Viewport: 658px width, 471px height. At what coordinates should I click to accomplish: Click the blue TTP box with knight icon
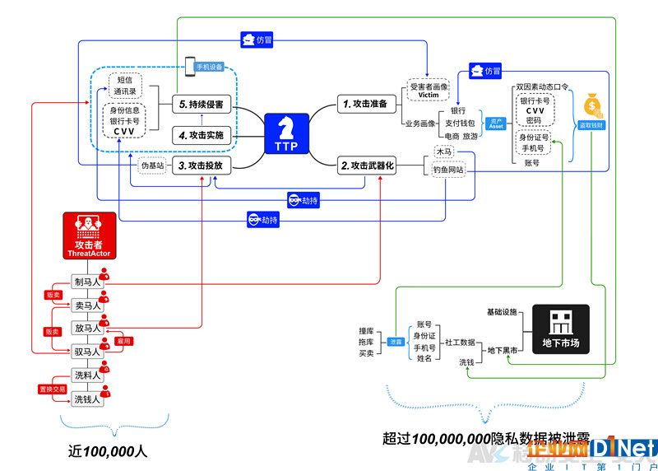pyautogui.click(x=286, y=134)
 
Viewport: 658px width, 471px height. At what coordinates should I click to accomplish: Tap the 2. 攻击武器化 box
pyautogui.click(x=368, y=165)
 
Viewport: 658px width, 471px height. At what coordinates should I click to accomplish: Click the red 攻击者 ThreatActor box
pyautogui.click(x=86, y=236)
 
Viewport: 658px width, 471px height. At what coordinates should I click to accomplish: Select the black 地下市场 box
pyautogui.click(x=560, y=330)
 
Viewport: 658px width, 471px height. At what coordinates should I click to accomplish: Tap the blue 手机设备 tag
pyautogui.click(x=207, y=66)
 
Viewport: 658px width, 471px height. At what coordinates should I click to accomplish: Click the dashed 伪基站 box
pyautogui.click(x=153, y=165)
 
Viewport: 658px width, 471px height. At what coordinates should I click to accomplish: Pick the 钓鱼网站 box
pyautogui.click(x=449, y=170)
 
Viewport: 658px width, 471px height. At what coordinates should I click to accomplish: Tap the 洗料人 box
pyautogui.click(x=86, y=375)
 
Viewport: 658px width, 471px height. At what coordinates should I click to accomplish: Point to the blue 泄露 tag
pyautogui.click(x=396, y=341)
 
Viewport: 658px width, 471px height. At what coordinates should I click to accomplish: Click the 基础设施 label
pyautogui.click(x=502, y=312)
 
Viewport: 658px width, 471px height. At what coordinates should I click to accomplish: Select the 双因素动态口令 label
pyautogui.click(x=539, y=86)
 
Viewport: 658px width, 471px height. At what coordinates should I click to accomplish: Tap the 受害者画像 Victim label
pyautogui.click(x=429, y=90)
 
